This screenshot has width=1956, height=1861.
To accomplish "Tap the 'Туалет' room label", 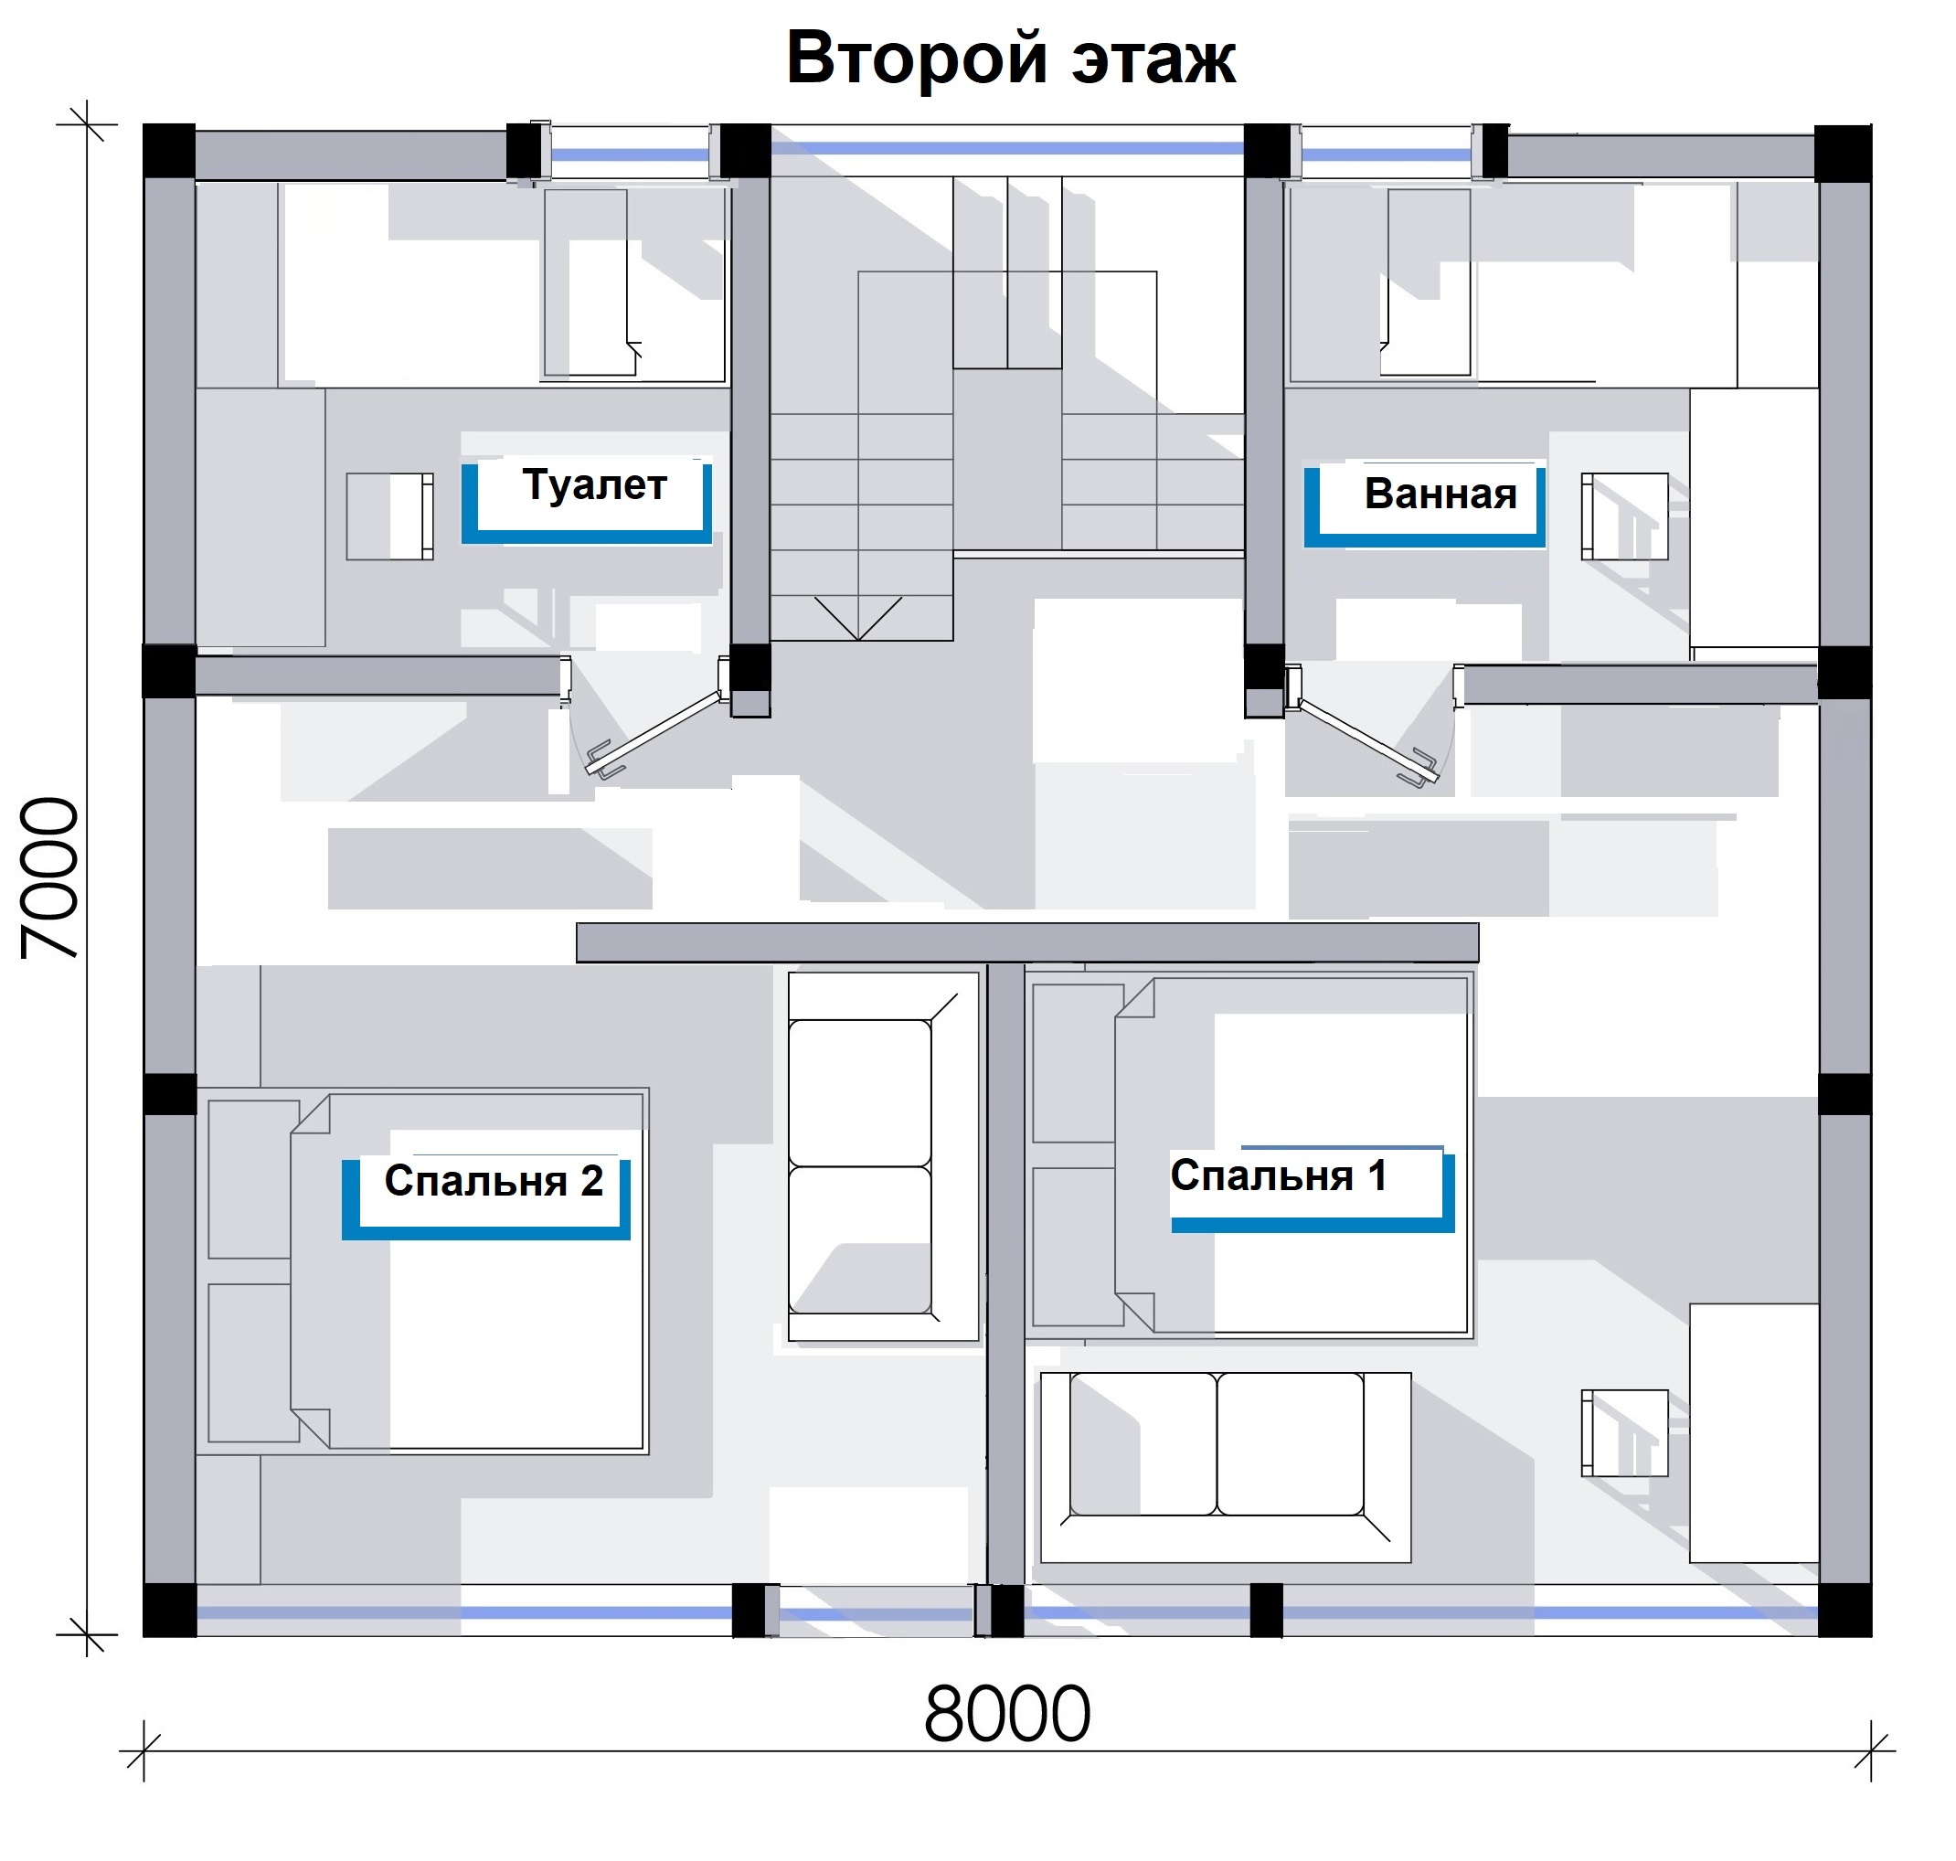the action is pyautogui.click(x=594, y=485).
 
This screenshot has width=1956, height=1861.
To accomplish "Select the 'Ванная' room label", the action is pyautogui.click(x=1440, y=493).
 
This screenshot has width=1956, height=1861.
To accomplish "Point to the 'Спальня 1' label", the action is pyautogui.click(x=1278, y=1175).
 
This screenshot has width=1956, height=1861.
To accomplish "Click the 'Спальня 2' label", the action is pyautogui.click(x=494, y=1180).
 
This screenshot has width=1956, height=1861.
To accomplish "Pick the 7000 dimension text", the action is pyautogui.click(x=50, y=877).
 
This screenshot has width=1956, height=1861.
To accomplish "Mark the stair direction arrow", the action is pyautogui.click(x=858, y=617).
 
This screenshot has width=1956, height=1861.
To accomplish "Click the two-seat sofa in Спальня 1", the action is pyautogui.click(x=1225, y=1467).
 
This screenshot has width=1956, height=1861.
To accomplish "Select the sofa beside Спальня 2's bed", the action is pyautogui.click(x=883, y=1156).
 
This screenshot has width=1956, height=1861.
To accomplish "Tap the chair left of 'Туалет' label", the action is pyautogui.click(x=388, y=516).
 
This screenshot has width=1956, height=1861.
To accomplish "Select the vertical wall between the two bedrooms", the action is pyautogui.click(x=1005, y=1275).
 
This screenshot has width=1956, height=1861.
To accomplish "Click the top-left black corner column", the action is pyautogui.click(x=170, y=152).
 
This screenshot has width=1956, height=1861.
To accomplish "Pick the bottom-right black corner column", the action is pyautogui.click(x=1844, y=1609).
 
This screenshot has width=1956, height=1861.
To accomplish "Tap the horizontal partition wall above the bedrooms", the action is pyautogui.click(x=1026, y=942).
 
